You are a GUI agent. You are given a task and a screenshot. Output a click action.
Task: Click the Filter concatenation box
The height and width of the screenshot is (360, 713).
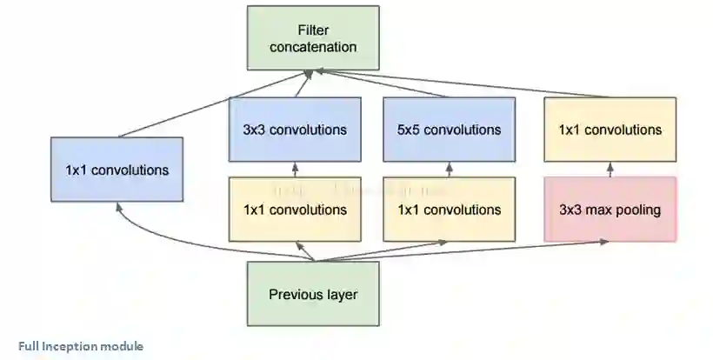[313, 37]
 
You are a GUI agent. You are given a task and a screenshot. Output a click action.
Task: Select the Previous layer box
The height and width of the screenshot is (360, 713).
[313, 294]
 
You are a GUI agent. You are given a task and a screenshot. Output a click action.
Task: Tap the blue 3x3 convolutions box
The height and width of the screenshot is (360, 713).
[295, 130]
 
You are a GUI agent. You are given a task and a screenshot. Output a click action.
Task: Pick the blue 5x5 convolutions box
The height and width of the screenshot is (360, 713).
[450, 130]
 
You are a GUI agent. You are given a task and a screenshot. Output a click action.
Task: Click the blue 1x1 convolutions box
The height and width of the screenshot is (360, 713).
[117, 170]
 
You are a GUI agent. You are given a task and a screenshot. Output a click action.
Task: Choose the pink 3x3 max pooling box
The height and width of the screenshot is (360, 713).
[610, 210]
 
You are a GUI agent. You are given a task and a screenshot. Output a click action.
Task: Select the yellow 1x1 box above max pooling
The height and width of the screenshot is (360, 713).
[610, 130]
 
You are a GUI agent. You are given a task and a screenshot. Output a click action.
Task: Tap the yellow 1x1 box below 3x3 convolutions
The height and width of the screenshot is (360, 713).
[295, 210]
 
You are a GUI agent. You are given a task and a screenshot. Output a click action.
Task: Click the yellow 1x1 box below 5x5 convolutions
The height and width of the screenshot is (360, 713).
[450, 210]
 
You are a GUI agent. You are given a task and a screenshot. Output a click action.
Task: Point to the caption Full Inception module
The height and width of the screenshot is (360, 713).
[80, 346]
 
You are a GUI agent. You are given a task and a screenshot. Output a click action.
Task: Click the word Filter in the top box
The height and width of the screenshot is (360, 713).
[313, 30]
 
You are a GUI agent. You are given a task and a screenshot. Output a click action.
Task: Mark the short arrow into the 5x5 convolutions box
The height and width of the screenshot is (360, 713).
[450, 170]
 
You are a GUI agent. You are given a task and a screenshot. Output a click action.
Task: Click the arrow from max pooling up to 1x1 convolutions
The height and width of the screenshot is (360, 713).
[610, 170]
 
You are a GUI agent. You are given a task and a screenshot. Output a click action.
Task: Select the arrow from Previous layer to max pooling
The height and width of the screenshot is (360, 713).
[487, 250]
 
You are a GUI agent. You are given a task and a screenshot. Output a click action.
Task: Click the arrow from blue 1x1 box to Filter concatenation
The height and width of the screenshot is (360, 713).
[209, 108]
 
